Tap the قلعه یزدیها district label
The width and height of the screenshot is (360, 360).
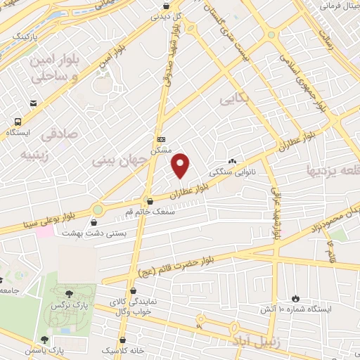[332, 171]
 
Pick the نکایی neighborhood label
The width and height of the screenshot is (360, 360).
[235, 100]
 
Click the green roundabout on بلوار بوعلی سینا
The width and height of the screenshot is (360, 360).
[97, 209]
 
